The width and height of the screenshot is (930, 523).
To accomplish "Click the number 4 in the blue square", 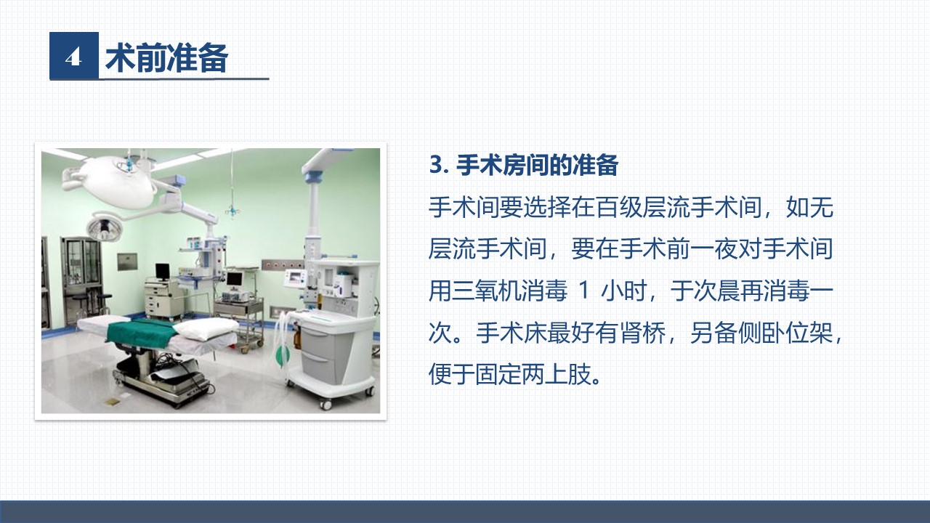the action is (x=73, y=57).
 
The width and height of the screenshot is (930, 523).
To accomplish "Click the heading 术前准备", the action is (x=167, y=57).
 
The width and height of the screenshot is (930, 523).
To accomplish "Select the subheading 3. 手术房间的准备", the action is (x=524, y=165).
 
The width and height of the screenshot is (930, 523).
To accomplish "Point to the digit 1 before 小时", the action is (x=583, y=291).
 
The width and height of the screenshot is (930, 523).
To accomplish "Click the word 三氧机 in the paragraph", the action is (x=487, y=291).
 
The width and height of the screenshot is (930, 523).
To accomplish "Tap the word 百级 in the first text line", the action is (x=618, y=207).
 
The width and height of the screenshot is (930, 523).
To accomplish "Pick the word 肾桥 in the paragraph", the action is (x=643, y=333).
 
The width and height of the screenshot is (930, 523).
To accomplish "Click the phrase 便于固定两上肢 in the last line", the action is (x=510, y=374).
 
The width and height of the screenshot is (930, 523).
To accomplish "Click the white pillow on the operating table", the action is (x=206, y=328).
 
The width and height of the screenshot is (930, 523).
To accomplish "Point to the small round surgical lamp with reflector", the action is (x=104, y=227).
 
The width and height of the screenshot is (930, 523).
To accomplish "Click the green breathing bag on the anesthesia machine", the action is (x=283, y=355).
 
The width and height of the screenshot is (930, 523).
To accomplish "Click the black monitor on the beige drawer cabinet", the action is (x=162, y=272).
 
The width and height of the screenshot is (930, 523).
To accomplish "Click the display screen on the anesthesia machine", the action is (x=296, y=277).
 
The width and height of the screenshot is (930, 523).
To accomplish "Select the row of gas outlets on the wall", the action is (x=283, y=264).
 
